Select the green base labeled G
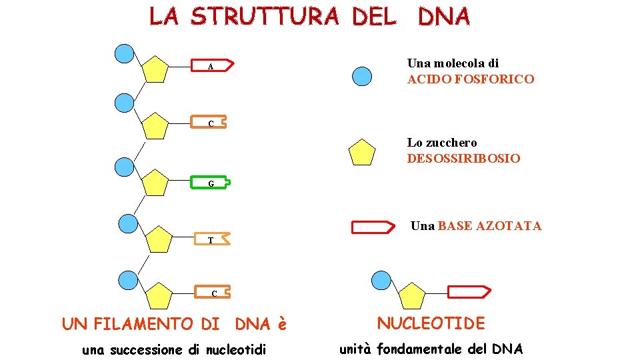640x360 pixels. click(x=211, y=181)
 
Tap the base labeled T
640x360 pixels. click(x=212, y=239)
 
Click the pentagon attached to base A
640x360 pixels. click(x=155, y=69)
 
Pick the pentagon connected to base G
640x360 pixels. click(x=155, y=183)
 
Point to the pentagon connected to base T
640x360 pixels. click(x=159, y=239)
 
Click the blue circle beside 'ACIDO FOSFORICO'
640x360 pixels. click(x=361, y=77)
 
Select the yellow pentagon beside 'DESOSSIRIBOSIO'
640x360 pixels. click(x=363, y=153)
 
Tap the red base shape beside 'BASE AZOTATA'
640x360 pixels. click(x=373, y=227)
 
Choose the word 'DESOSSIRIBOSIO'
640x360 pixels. click(x=463, y=159)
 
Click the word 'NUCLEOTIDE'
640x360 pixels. click(x=431, y=323)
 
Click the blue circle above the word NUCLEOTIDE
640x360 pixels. click(x=380, y=281)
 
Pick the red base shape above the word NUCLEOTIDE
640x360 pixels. click(x=468, y=291)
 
